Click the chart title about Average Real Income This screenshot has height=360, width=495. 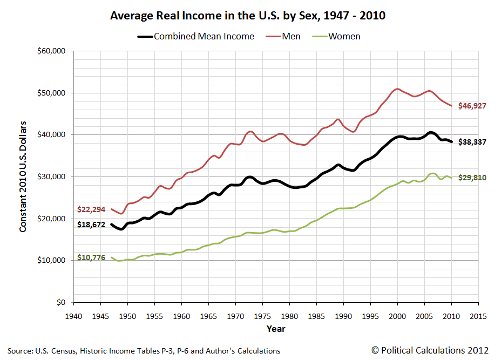click(x=248, y=16)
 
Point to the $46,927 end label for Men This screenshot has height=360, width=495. click(x=472, y=106)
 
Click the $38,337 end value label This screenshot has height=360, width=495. click(x=472, y=142)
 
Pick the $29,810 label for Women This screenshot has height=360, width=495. click(x=472, y=177)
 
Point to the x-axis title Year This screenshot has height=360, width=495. click(x=275, y=328)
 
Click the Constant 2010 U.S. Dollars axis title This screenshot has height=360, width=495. click(x=23, y=177)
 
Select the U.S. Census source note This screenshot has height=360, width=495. click(x=144, y=351)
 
